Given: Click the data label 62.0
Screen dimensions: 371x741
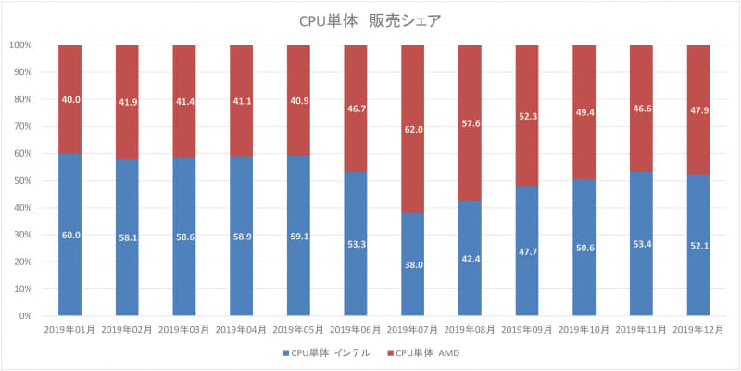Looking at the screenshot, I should click(x=412, y=131).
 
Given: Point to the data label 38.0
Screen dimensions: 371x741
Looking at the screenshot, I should click(x=412, y=265).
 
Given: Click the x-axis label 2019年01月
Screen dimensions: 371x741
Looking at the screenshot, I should click(x=69, y=329).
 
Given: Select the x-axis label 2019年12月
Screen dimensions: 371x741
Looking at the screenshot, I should click(x=697, y=329).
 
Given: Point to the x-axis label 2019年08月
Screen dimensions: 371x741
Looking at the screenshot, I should click(x=470, y=329).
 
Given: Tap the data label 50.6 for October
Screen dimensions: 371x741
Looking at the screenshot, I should click(x=584, y=248).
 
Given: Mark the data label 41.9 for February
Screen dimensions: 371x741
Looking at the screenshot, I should click(x=127, y=101).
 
